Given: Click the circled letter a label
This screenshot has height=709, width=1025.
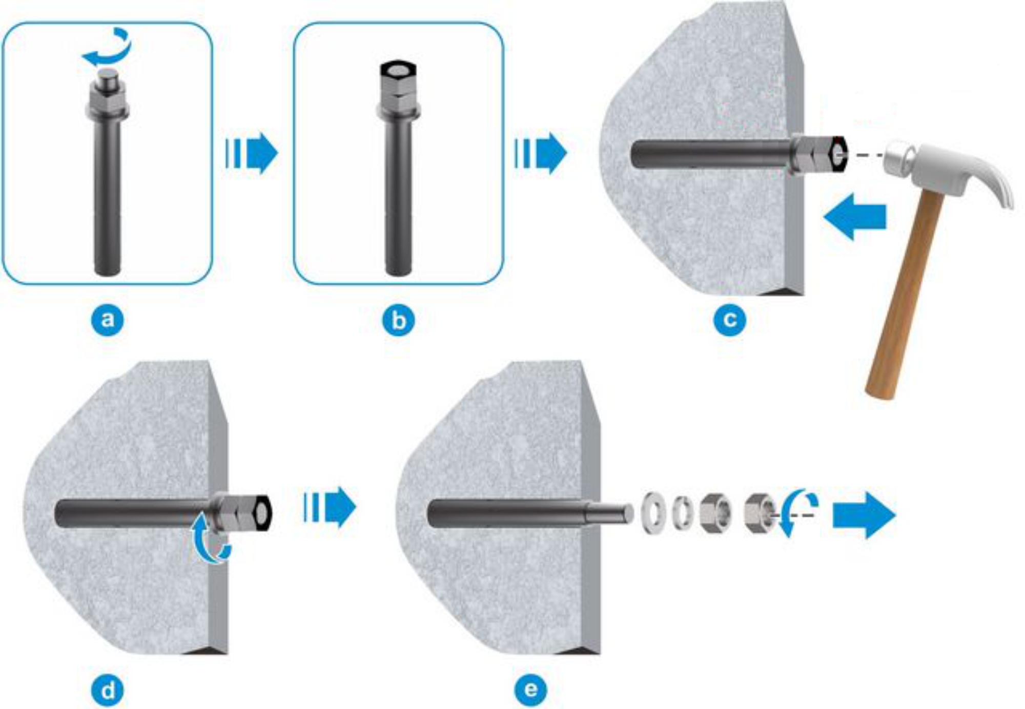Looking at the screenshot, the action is [107, 320].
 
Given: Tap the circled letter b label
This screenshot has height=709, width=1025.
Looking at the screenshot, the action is [398, 320].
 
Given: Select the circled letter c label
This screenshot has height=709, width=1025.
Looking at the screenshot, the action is [730, 320].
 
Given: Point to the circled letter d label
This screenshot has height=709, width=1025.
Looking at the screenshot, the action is [107, 691].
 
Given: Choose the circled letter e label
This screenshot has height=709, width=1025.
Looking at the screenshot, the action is [531, 690].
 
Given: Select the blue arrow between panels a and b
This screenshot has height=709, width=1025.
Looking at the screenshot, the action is [252, 153].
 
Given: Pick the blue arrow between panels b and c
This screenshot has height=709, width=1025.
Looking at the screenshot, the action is [541, 153].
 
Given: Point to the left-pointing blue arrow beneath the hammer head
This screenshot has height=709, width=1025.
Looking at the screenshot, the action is [855, 217].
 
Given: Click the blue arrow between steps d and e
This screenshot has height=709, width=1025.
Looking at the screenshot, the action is [330, 507].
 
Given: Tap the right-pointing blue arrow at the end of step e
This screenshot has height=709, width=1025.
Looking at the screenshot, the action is [864, 515].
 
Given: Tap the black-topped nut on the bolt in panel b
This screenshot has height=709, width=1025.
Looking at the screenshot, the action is [398, 77].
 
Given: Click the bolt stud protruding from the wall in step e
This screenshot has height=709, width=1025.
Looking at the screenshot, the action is [610, 513].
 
